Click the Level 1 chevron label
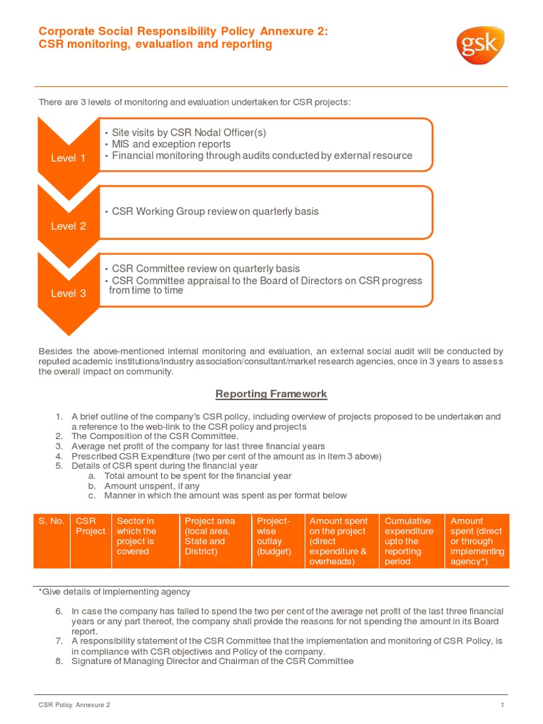(x=68, y=158)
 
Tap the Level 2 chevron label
(x=68, y=226)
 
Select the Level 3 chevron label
(x=68, y=293)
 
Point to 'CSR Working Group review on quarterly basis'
(x=215, y=211)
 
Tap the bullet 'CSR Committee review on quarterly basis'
(x=205, y=269)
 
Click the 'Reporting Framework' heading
(x=271, y=394)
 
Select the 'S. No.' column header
(x=51, y=521)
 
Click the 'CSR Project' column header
(x=90, y=526)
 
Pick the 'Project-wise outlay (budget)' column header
(x=274, y=536)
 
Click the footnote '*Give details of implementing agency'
(x=114, y=592)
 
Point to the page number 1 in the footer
(x=502, y=705)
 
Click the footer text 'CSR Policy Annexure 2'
(x=74, y=705)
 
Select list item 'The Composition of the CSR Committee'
(x=155, y=436)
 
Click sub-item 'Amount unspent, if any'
(x=151, y=486)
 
